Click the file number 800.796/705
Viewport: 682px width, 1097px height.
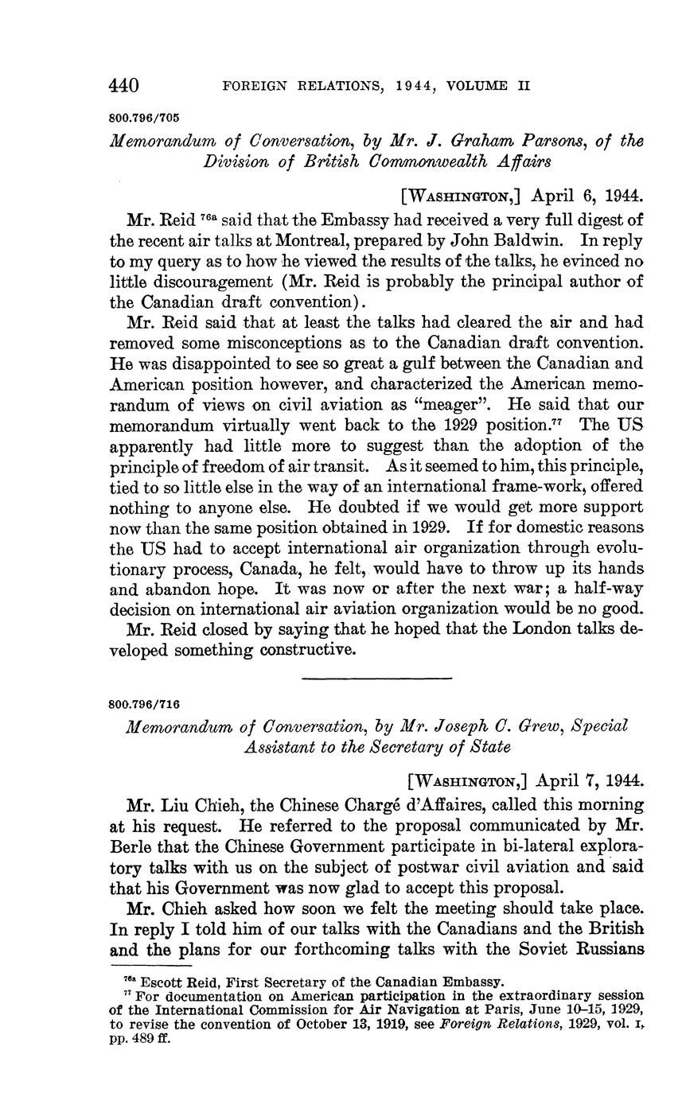click(x=143, y=118)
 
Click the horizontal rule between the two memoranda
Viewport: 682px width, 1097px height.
click(x=377, y=678)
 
